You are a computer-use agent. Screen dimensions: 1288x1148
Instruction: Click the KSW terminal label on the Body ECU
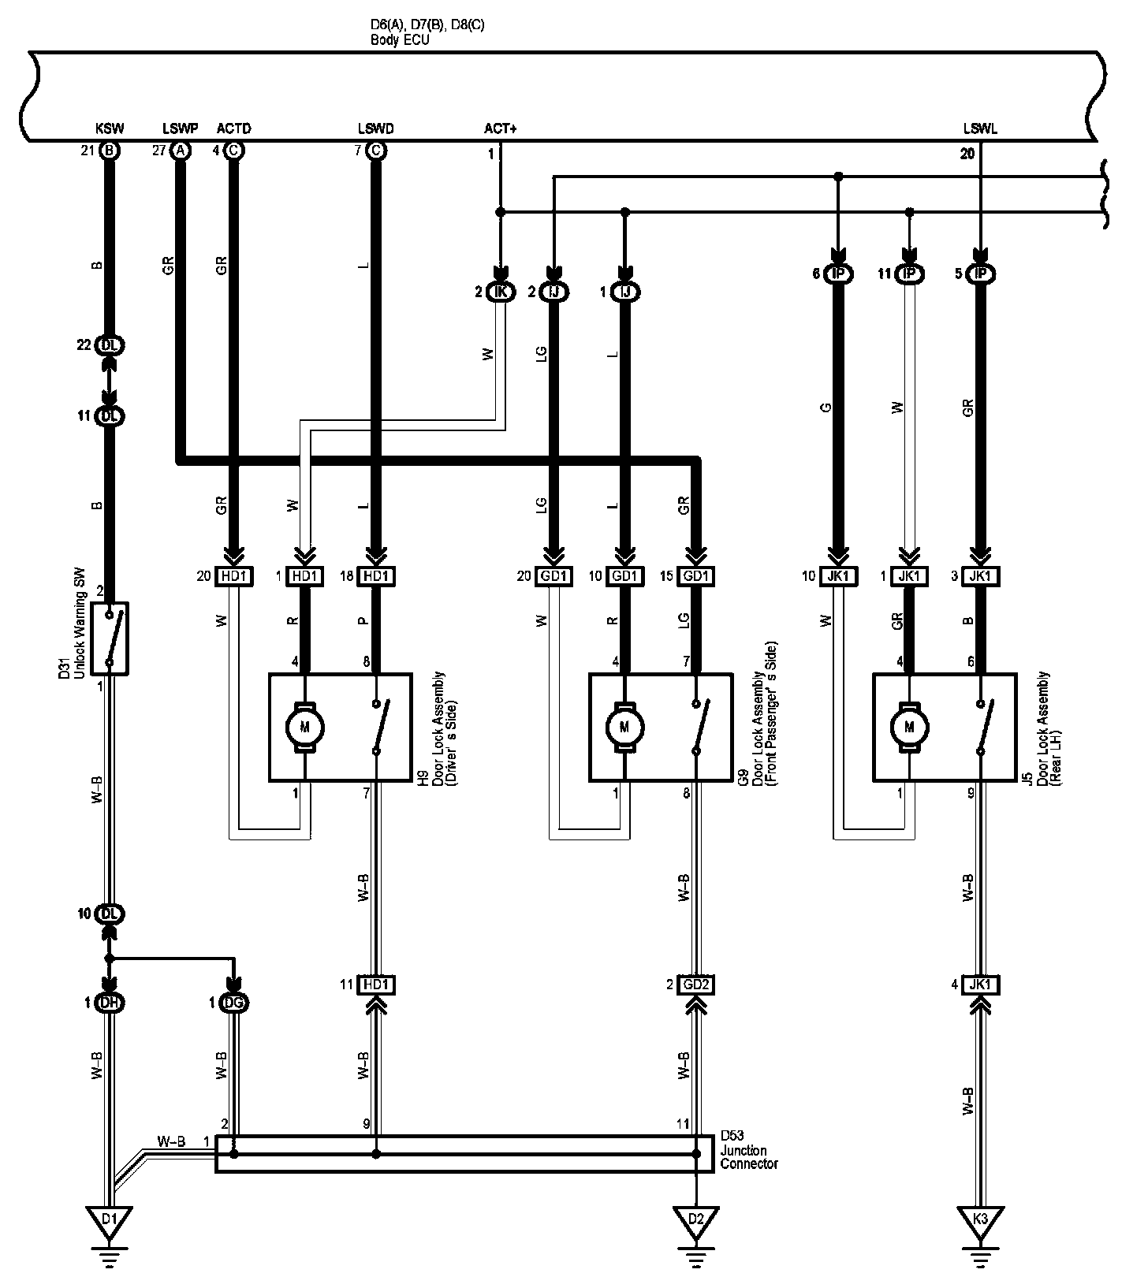click(110, 129)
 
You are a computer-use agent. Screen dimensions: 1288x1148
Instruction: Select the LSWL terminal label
click(979, 129)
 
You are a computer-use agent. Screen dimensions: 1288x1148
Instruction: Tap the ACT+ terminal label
click(500, 129)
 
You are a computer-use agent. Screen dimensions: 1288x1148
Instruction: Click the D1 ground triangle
click(110, 1219)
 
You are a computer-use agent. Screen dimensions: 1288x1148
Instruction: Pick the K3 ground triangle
click(980, 1219)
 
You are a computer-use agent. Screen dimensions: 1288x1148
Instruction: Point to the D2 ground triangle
click(695, 1219)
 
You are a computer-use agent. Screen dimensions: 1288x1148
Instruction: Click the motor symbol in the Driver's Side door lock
click(305, 726)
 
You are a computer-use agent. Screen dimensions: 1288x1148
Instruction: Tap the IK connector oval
click(500, 292)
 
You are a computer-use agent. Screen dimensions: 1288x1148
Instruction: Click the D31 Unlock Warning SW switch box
click(110, 638)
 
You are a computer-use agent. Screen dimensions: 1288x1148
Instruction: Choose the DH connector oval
click(110, 1003)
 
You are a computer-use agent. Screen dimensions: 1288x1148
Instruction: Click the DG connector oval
click(233, 1003)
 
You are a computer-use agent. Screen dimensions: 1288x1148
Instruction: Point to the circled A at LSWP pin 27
click(181, 151)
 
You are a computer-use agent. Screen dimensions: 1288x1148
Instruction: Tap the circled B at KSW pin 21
click(110, 151)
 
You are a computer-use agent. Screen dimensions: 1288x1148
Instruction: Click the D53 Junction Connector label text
click(748, 1152)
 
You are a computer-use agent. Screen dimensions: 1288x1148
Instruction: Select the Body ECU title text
click(401, 39)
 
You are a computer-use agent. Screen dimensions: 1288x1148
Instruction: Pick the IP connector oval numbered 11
click(911, 274)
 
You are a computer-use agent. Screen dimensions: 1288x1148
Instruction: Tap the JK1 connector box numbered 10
click(838, 577)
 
